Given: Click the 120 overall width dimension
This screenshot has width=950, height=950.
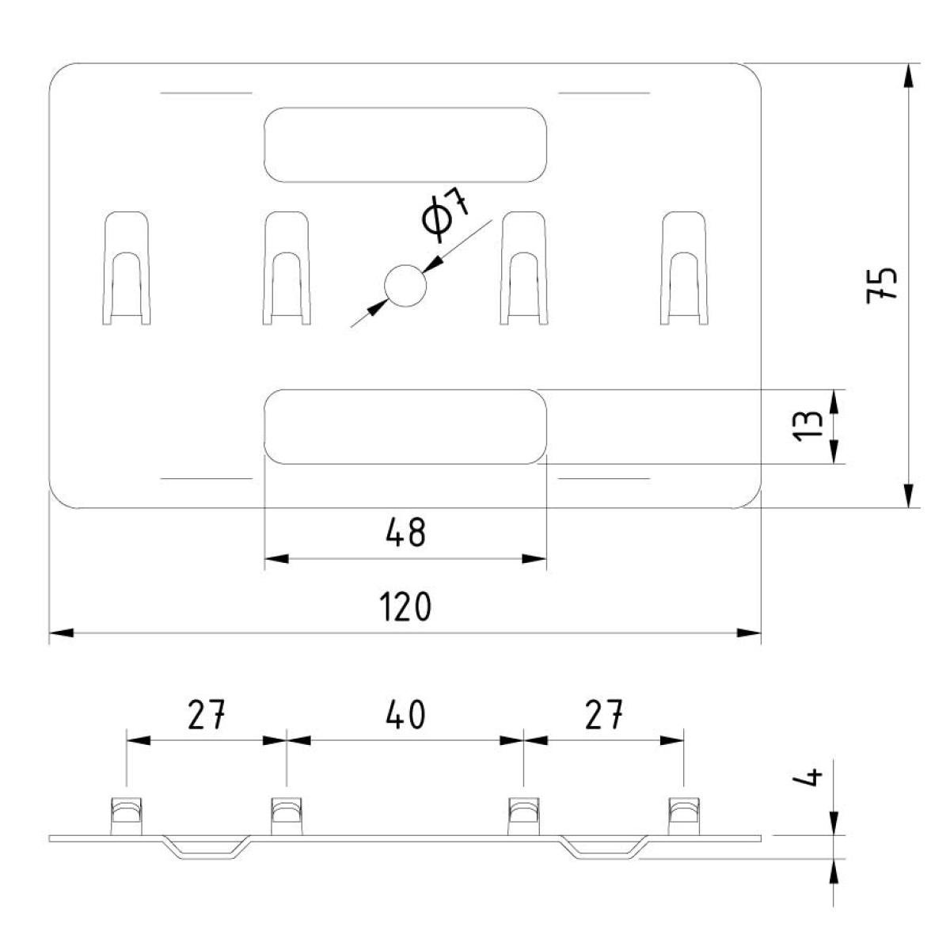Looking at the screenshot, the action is pos(405,607).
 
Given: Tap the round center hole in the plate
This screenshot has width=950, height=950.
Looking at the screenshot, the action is pos(405,286).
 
